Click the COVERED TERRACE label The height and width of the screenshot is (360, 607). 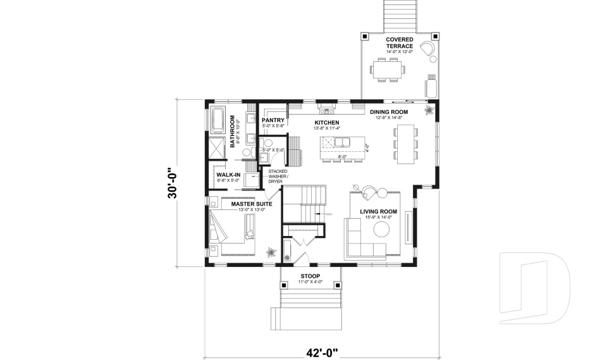click(400, 42)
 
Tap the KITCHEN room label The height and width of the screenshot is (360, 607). click(328, 123)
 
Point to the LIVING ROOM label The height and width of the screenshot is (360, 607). click(378, 212)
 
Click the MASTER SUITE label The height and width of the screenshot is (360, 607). click(251, 204)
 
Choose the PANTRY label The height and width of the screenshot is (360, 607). click(273, 120)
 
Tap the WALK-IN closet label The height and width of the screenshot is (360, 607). click(228, 175)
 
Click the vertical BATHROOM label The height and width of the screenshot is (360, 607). click(233, 131)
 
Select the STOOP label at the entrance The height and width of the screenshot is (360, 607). click(310, 276)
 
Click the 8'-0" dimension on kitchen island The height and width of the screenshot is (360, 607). click(342, 156)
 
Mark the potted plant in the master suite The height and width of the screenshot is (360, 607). click(271, 252)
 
